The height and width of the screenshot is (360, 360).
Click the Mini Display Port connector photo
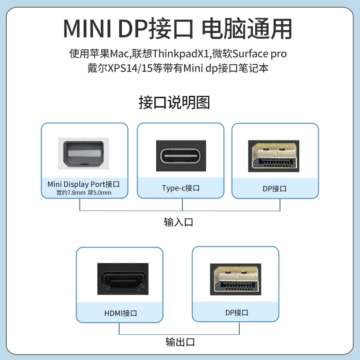[x=84, y=153]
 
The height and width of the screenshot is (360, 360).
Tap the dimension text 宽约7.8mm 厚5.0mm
[x=84, y=193]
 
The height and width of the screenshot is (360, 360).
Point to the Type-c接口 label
[x=180, y=188]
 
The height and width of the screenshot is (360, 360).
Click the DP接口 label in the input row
[x=274, y=189]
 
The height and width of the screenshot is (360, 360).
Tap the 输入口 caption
[x=179, y=222]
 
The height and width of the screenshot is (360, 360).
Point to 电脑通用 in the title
[x=247, y=29]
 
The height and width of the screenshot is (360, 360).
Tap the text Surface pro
[x=262, y=54]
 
